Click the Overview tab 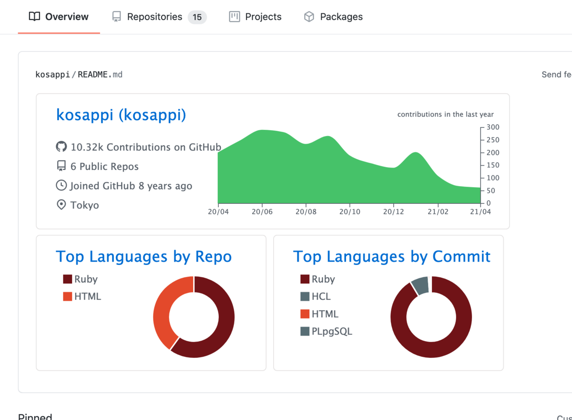pyautogui.click(x=59, y=17)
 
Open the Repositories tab pyautogui.click(x=154, y=17)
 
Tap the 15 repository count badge pyautogui.click(x=197, y=17)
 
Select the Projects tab pyautogui.click(x=255, y=17)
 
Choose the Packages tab pyautogui.click(x=333, y=17)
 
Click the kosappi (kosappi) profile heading pyautogui.click(x=121, y=115)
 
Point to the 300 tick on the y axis pyautogui.click(x=493, y=127)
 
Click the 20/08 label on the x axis pyautogui.click(x=306, y=211)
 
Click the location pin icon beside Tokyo pyautogui.click(x=61, y=205)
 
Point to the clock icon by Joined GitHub pyautogui.click(x=61, y=186)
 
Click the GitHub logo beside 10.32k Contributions pyautogui.click(x=61, y=147)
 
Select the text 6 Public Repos pyautogui.click(x=104, y=167)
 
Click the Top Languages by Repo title pyautogui.click(x=143, y=256)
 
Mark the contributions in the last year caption pyautogui.click(x=445, y=115)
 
